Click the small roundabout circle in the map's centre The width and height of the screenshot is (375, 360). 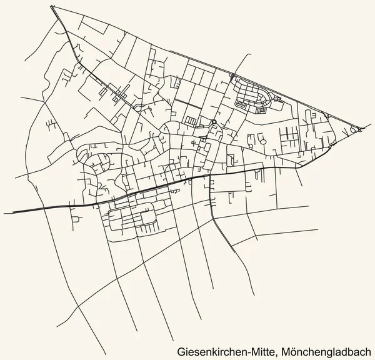point(213,122)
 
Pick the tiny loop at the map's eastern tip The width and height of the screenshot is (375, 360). point(361,129)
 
